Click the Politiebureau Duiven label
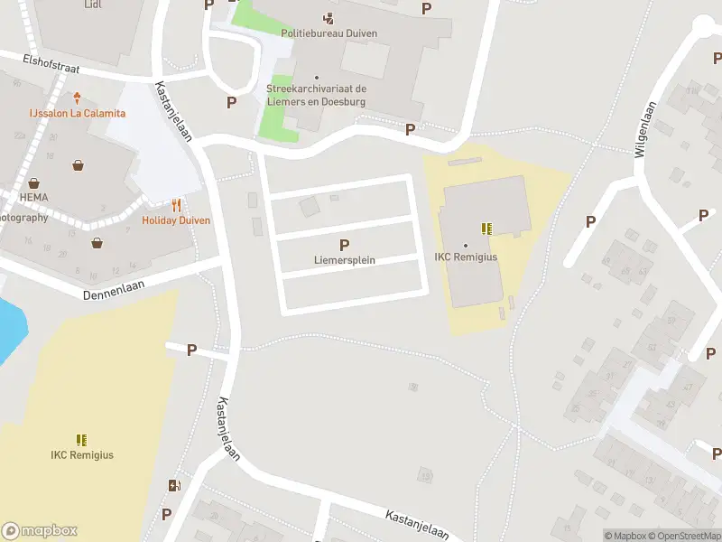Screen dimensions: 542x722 (x=329, y=33)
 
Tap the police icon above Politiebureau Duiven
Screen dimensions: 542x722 (x=329, y=17)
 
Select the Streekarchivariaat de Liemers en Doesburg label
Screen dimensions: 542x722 (x=316, y=95)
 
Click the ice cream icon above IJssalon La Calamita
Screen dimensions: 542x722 (x=77, y=98)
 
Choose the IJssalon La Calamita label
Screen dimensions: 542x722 (x=77, y=113)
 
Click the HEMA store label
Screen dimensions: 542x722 (x=33, y=197)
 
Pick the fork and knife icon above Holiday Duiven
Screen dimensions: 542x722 (x=176, y=205)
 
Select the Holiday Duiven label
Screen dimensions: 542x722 (x=176, y=220)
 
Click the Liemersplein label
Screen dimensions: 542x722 (x=344, y=260)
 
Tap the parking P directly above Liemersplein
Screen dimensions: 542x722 (x=344, y=245)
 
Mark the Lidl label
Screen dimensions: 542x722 (x=93, y=5)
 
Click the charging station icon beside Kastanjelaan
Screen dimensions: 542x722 (x=173, y=486)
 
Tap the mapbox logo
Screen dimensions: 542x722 (x=40, y=530)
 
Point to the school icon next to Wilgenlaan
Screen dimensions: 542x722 (x=487, y=229)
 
